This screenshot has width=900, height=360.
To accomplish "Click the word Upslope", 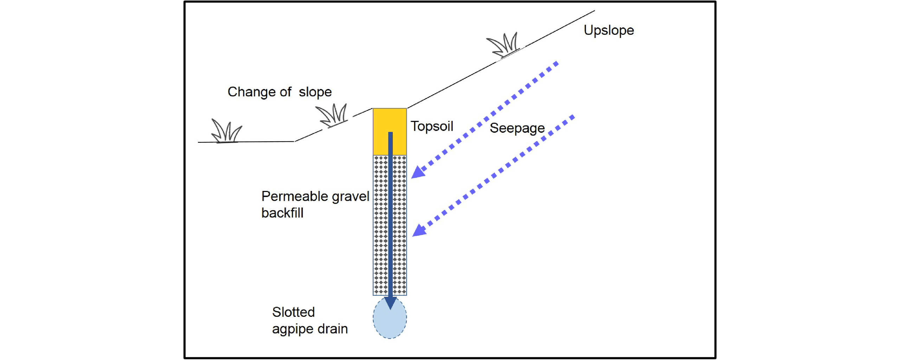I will [609, 31].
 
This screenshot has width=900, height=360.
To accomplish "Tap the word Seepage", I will [517, 128].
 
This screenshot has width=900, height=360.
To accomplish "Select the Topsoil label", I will [432, 126].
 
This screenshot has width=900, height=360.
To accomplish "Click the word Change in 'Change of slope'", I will [251, 92].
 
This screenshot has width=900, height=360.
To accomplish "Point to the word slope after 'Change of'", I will [315, 92].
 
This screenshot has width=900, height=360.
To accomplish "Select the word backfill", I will [282, 213].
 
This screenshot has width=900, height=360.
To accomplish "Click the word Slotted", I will [293, 312].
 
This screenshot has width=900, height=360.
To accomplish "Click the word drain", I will [333, 329].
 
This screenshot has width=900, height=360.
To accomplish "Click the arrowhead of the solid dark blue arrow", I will [390, 302].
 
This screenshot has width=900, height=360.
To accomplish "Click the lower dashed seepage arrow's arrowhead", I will [419, 231].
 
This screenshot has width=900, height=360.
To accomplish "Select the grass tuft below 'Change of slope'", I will [332, 115].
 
